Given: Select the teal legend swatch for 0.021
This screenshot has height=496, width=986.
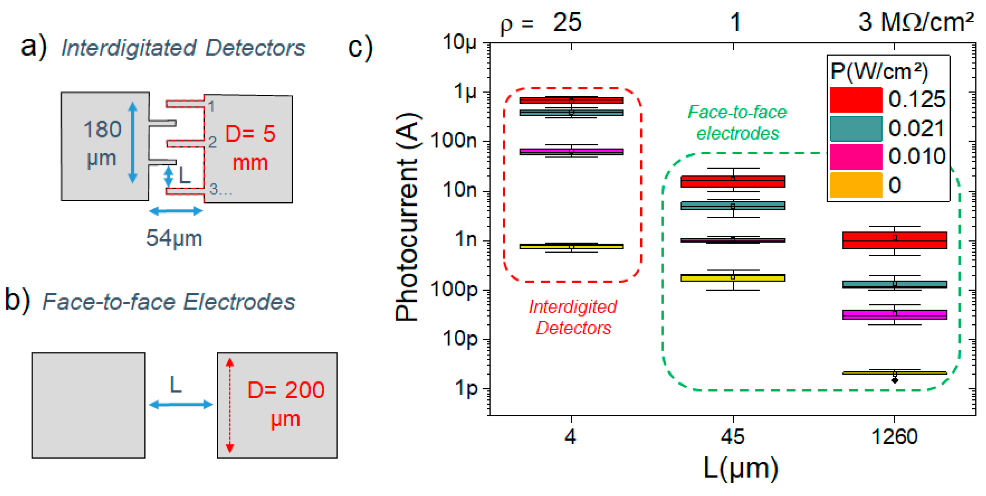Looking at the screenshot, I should (x=856, y=129).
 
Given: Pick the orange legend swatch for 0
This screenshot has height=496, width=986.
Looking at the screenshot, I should (x=856, y=185).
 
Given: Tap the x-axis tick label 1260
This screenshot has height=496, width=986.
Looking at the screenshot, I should (x=894, y=437).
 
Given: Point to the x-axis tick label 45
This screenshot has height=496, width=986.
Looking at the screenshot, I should (x=733, y=437).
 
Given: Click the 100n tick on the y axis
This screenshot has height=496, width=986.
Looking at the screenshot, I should (x=454, y=141).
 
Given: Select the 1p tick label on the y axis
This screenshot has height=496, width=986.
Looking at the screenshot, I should (x=466, y=388).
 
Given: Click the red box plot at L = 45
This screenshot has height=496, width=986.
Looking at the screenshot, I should (x=733, y=182).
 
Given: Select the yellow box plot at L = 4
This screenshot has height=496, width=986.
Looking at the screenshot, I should (x=571, y=246).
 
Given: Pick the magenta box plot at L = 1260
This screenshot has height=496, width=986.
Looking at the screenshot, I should (x=894, y=315).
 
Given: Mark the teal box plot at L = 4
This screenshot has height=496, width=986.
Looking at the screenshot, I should (x=571, y=113).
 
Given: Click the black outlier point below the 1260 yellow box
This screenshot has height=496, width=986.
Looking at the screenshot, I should (x=894, y=380).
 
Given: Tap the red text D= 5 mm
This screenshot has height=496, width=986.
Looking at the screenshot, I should (x=250, y=148).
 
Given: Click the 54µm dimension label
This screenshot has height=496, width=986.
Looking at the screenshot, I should (x=174, y=238).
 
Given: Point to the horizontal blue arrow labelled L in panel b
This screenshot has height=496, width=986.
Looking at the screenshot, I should (x=181, y=404).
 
